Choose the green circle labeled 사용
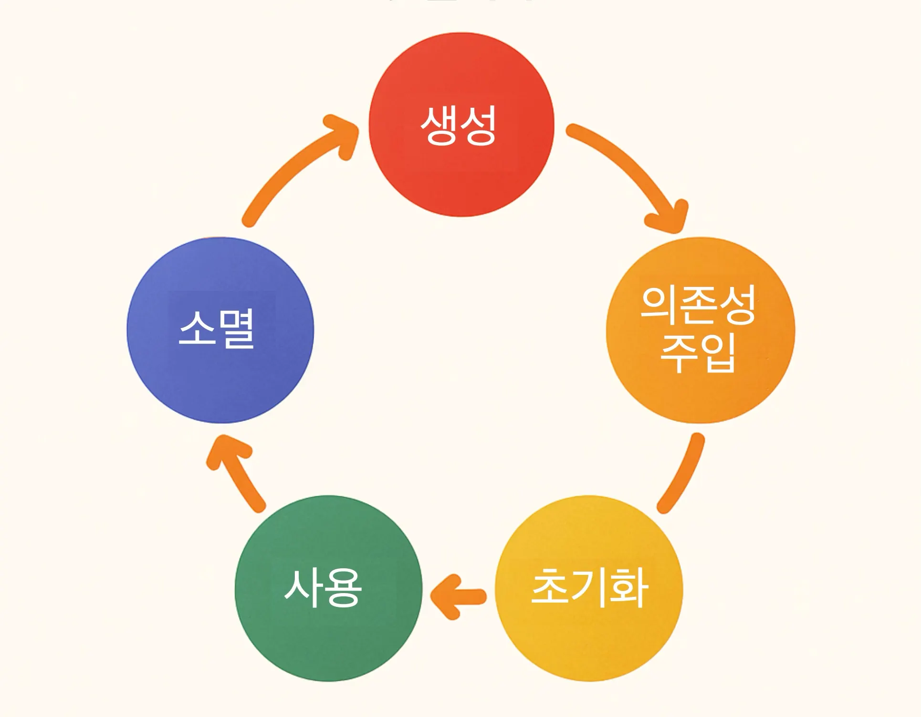coord(328,639)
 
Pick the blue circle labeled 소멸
coord(220,381)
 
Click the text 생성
coord(459,125)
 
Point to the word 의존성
coord(698,306)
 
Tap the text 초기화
coord(590,587)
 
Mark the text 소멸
coord(216,328)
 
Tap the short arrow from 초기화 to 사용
coord(460,596)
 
